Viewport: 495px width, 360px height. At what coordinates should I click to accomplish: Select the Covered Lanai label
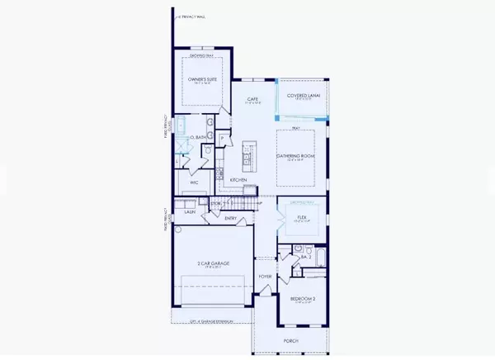(x=302, y=96)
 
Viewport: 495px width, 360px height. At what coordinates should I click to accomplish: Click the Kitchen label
(x=238, y=179)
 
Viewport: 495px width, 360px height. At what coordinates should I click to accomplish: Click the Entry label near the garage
(x=230, y=218)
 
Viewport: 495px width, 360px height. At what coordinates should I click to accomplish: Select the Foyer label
(x=265, y=277)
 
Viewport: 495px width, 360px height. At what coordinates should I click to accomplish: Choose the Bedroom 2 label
(x=303, y=300)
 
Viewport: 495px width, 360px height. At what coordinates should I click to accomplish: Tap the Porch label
(x=290, y=340)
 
